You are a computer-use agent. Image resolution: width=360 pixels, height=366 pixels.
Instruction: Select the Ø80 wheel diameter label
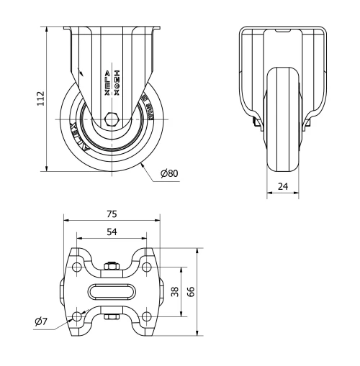pyautogui.click(x=169, y=173)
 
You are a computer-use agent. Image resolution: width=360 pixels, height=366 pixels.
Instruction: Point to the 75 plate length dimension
pyautogui.click(x=112, y=214)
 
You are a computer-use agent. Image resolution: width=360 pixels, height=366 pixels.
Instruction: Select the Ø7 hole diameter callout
pyautogui.click(x=42, y=321)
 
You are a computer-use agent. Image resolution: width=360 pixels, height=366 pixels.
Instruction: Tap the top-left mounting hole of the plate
pyautogui.click(x=78, y=267)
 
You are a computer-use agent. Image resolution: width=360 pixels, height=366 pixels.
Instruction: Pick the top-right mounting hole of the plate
pyautogui.click(x=146, y=267)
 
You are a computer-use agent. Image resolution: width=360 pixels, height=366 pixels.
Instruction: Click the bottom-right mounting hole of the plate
pyautogui.click(x=146, y=316)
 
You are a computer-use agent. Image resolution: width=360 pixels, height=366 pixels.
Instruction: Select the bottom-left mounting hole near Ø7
pyautogui.click(x=78, y=316)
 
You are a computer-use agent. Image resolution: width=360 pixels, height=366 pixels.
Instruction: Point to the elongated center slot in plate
pyautogui.click(x=112, y=292)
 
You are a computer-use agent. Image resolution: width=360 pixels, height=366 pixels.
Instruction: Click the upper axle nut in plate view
pyautogui.click(x=112, y=268)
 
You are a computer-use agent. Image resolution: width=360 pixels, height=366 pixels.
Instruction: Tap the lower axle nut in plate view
pyautogui.click(x=112, y=316)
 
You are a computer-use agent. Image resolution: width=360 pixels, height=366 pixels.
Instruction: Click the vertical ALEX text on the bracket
pyautogui.click(x=107, y=85)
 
